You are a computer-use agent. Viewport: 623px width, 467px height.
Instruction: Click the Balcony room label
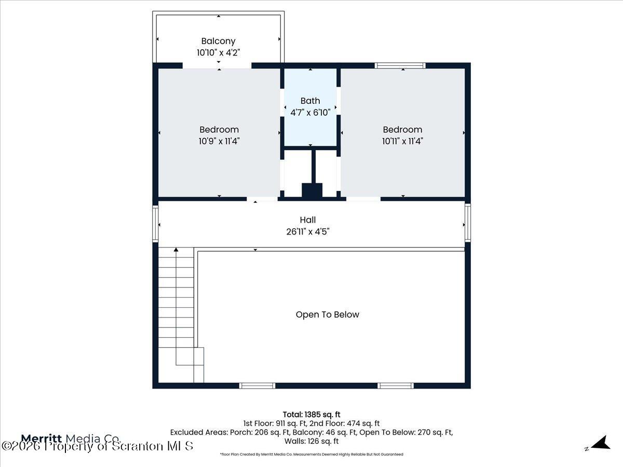[218, 41]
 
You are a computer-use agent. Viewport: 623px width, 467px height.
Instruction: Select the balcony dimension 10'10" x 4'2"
[218, 52]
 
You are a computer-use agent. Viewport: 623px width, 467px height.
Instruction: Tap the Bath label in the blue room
[310, 101]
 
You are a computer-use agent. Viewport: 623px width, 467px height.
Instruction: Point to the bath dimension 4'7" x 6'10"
[310, 113]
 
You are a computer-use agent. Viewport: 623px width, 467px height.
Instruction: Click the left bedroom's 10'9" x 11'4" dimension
[219, 141]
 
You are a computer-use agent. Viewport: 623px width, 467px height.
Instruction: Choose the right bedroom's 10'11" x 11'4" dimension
[402, 141]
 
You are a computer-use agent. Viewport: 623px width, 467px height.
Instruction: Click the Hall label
[307, 220]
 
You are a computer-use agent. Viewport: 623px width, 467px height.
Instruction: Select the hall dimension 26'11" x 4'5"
[307, 231]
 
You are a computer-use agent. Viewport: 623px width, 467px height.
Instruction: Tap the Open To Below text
[327, 314]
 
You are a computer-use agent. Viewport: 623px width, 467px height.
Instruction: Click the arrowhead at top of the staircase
[176, 250]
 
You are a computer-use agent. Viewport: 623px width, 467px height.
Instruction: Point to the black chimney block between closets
[312, 190]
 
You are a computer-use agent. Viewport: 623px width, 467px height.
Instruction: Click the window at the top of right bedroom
[400, 65]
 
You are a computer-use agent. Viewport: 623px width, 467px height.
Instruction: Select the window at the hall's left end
[155, 223]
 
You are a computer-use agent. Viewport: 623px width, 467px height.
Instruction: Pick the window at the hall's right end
[468, 223]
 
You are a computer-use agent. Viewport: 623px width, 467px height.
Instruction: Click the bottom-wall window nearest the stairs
[257, 386]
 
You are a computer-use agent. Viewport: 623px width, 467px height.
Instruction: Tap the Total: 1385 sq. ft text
[311, 414]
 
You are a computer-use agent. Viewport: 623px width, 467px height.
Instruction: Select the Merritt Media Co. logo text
[70, 438]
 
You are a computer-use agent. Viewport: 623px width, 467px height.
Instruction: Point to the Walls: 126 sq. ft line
[311, 441]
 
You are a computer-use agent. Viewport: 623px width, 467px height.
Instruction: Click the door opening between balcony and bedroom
[217, 66]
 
